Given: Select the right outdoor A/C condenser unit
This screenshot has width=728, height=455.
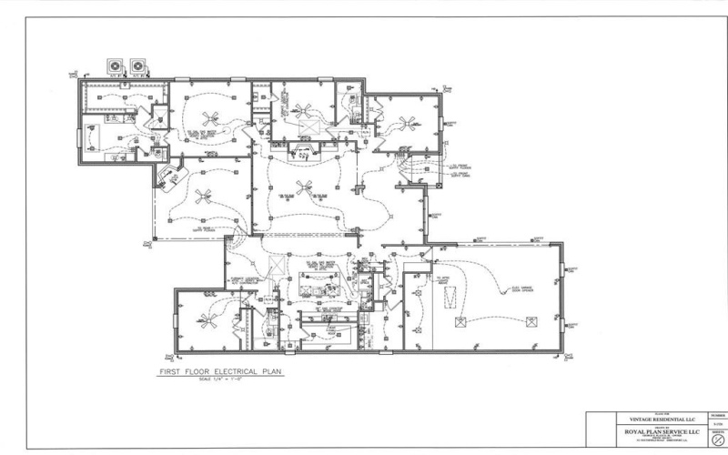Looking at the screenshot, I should pos(139,66).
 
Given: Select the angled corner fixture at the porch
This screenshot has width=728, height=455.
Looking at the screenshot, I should pos(167,172).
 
